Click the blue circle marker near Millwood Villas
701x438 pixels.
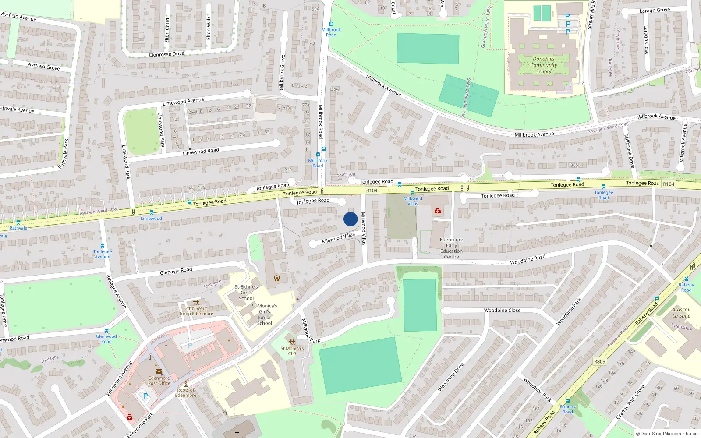click(x=350, y=219)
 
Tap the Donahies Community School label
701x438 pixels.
click(x=544, y=65)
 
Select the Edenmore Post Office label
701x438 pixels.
click(x=159, y=381)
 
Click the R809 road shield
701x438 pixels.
click(x=599, y=361)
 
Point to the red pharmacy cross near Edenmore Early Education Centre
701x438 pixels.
click(x=437, y=211)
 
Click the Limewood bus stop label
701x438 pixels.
click(x=151, y=218)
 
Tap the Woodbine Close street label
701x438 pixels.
click(x=502, y=310)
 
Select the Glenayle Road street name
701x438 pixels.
click(x=176, y=271)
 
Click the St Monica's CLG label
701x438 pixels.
click(x=292, y=351)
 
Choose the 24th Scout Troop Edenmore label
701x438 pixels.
click(x=196, y=311)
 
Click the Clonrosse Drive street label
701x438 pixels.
click(x=166, y=54)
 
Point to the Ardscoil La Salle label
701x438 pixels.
click(x=681, y=312)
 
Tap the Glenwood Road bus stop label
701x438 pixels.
click(x=106, y=339)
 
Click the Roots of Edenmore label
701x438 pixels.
click(x=186, y=392)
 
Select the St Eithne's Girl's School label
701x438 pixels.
click(x=246, y=293)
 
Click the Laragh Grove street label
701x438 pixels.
click(x=655, y=10)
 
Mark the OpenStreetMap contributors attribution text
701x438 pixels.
click(x=667, y=434)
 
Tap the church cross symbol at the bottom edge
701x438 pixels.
click(x=237, y=433)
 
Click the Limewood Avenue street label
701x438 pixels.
click(x=183, y=102)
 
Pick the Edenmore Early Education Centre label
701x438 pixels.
click(x=451, y=248)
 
